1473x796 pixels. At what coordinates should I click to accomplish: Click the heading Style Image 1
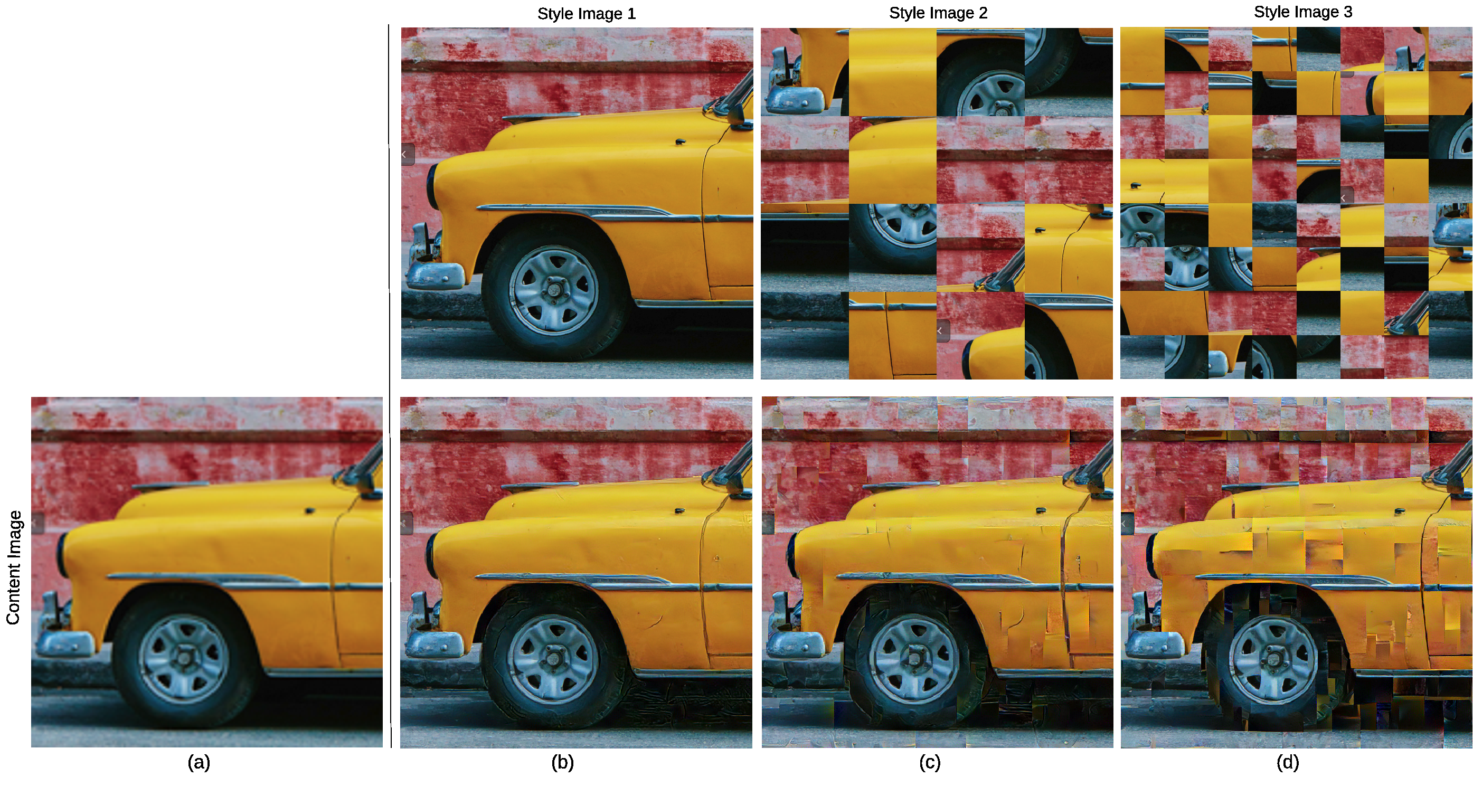pos(586,14)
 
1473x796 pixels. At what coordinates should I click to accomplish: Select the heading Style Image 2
pos(938,13)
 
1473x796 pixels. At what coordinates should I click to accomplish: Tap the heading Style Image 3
pos(1302,12)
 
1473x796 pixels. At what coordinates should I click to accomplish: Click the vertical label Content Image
pos(13,567)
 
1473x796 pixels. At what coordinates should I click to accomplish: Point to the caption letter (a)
pos(199,762)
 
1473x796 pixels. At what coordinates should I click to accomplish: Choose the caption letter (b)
pos(562,762)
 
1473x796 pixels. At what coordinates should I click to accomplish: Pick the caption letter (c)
pos(929,762)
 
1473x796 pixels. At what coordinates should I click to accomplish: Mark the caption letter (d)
pos(1287,762)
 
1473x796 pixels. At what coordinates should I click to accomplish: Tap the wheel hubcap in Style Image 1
pos(553,290)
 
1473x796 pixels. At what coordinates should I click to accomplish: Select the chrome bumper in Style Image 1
pos(434,275)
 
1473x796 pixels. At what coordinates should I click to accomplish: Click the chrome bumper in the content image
pos(64,644)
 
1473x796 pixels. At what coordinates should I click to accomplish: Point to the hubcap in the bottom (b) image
pos(552,659)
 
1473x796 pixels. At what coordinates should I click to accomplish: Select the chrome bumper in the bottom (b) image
pos(434,645)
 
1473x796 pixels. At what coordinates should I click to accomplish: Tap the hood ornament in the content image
pos(310,510)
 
